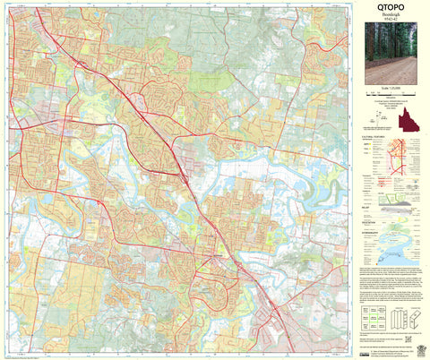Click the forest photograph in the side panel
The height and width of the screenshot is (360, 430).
click(x=391, y=56)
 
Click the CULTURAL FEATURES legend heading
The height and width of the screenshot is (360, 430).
click(x=373, y=137)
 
